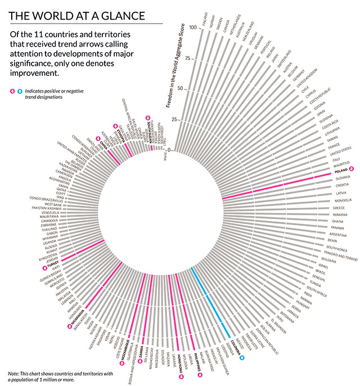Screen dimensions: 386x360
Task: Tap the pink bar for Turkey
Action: point(82,250)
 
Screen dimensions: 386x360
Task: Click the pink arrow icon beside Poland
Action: point(352,169)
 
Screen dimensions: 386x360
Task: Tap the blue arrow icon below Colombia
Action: point(242,357)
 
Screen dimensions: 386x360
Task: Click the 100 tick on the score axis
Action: point(193,28)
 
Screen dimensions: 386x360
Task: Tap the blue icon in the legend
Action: point(20,91)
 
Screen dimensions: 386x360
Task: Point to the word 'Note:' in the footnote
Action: point(13,373)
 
